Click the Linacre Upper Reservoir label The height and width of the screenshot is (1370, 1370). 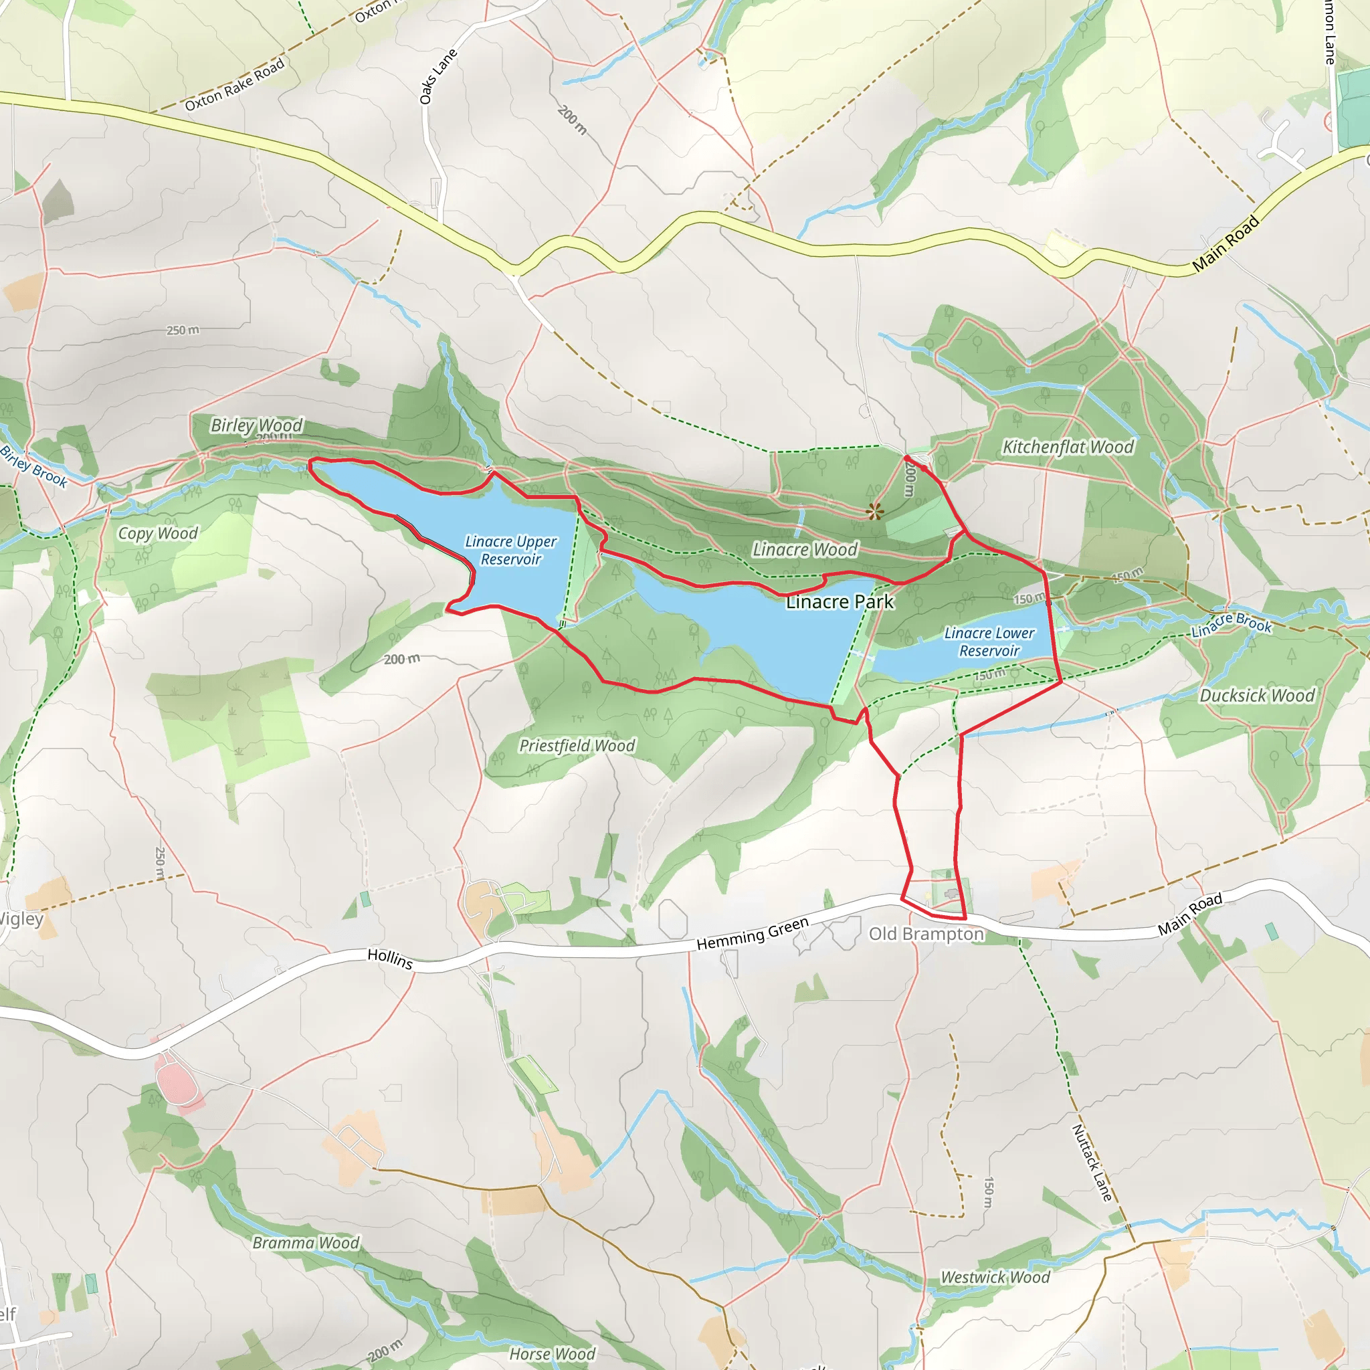[x=510, y=551]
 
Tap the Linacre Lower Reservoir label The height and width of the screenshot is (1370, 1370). [x=989, y=642]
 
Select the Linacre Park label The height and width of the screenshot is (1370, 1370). [x=840, y=602]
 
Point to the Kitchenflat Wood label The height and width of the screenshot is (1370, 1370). [x=1067, y=447]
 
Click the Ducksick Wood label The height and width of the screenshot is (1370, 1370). [x=1256, y=696]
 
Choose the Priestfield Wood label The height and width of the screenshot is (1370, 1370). [x=577, y=745]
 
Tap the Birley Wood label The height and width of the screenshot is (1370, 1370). [x=256, y=425]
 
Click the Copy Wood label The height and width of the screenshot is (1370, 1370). [x=157, y=533]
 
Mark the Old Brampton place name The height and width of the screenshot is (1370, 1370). [x=926, y=934]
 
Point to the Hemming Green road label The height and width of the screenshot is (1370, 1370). [x=753, y=934]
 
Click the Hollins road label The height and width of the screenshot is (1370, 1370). [x=390, y=959]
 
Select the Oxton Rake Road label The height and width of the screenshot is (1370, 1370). [x=234, y=84]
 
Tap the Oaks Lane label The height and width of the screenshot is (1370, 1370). [x=437, y=76]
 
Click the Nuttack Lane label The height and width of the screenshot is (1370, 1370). [x=1091, y=1163]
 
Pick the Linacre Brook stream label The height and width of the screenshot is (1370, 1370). [x=1231, y=625]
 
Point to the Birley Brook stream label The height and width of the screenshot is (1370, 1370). [x=33, y=466]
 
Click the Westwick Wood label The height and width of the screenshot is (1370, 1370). [x=995, y=1277]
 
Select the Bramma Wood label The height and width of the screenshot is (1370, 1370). [x=306, y=1243]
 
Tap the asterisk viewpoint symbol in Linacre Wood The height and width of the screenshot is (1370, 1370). [x=874, y=511]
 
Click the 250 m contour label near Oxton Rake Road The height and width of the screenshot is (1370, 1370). [x=183, y=330]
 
